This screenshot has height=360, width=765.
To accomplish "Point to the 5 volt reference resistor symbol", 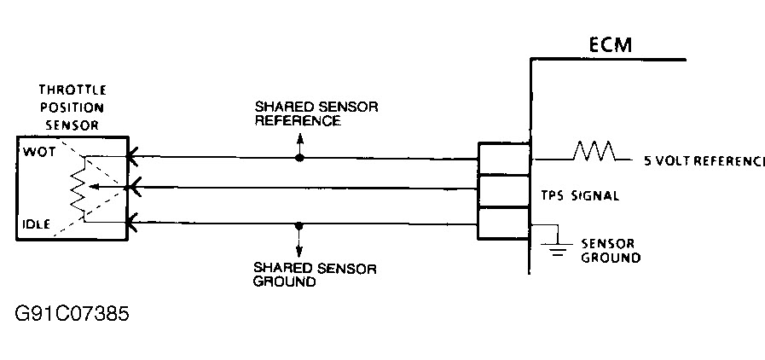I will click(x=594, y=152).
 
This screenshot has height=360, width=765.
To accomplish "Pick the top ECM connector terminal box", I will click(x=503, y=159).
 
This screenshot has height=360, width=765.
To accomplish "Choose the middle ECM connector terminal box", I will click(x=503, y=191).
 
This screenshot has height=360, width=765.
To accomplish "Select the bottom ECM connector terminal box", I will click(x=503, y=224).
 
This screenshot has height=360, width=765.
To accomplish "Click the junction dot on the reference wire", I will click(x=298, y=158).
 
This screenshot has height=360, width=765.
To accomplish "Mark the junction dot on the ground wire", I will click(x=298, y=225).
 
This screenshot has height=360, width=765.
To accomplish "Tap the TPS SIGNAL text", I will click(x=580, y=195).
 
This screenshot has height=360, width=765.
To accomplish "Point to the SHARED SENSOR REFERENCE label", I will click(x=316, y=114).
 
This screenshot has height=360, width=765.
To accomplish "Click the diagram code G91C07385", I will click(x=72, y=313).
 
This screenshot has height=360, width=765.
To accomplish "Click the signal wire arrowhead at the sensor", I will click(x=130, y=187).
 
